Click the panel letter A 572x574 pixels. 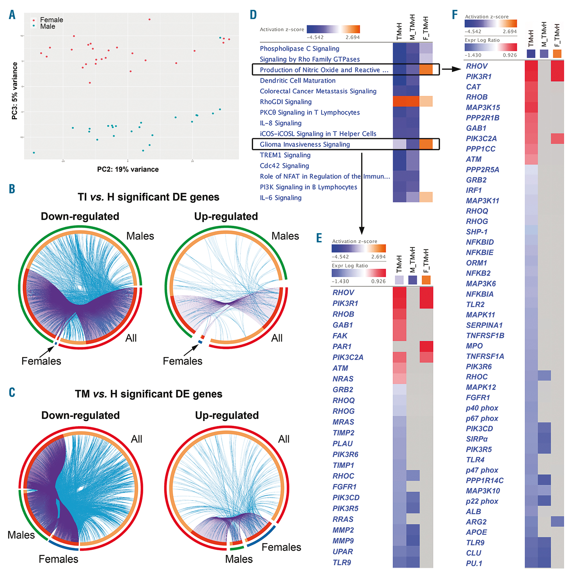pos(12,15)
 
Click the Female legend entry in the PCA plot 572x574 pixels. pos(51,20)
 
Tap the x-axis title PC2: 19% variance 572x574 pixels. pos(128,169)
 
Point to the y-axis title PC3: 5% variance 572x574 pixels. pos(15,91)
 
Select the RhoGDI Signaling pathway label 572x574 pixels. pos(286,102)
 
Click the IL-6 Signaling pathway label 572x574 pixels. pos(281,198)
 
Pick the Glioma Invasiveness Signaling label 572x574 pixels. pos(305,144)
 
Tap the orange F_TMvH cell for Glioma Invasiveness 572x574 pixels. pos(426,144)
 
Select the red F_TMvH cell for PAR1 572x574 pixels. pos(426,346)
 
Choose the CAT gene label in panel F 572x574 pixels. pos(473,87)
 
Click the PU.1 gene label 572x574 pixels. pos(474,563)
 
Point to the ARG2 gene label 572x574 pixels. pos(476,522)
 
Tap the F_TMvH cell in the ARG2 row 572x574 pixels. pos(557,522)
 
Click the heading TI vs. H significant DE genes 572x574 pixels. pos(148,197)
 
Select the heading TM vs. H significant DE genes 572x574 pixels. pos(148,394)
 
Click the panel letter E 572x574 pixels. pos(319,238)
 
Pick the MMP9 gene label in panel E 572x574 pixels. pos(343,541)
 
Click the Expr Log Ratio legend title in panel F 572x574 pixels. pos(482,40)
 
